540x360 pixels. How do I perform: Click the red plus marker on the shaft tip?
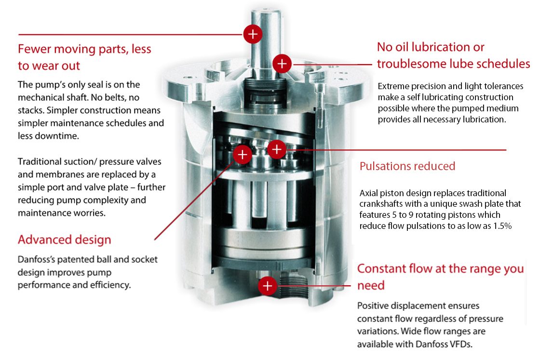(x=253, y=34)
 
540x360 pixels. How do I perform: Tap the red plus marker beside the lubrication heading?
(x=282, y=63)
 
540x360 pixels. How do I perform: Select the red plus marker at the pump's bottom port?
(x=268, y=286)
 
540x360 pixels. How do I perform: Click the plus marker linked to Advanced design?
(x=242, y=155)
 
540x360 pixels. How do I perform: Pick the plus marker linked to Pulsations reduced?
(x=276, y=149)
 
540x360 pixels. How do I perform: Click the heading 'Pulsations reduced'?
(x=407, y=166)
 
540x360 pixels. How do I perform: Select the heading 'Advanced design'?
(x=64, y=240)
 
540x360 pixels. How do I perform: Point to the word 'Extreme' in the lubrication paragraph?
(x=394, y=86)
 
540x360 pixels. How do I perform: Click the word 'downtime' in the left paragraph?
(x=56, y=136)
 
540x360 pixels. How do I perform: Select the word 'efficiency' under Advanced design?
(x=108, y=285)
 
